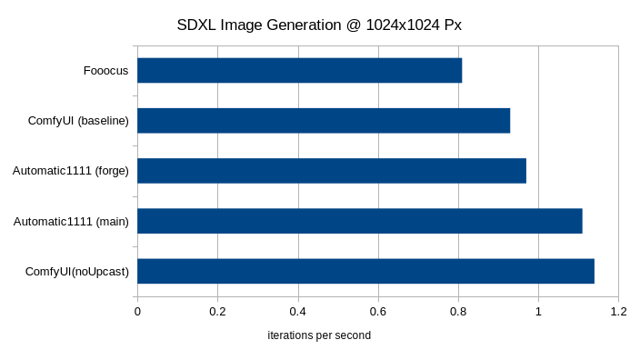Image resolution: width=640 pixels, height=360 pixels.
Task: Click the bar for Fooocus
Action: (300, 70)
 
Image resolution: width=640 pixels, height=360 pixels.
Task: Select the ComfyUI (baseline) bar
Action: (324, 120)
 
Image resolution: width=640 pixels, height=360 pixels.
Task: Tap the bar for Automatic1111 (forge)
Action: (332, 170)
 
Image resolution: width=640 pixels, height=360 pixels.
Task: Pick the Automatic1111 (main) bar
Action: (360, 221)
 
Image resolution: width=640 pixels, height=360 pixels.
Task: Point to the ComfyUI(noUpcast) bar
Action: (365, 271)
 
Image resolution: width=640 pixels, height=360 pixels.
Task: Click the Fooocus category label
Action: (106, 70)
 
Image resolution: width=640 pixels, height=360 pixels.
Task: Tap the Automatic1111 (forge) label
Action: (71, 170)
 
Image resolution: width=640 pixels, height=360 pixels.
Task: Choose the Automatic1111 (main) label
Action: (71, 221)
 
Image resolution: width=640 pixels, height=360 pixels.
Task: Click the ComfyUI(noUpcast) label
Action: (77, 271)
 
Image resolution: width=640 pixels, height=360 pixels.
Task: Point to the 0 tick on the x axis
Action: (137, 311)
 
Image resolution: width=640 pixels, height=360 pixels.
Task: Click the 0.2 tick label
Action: (217, 311)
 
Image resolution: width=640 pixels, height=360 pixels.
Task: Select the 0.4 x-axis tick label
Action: (297, 311)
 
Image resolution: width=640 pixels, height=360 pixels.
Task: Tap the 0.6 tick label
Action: (378, 311)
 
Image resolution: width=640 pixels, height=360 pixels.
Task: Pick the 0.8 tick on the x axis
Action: (458, 311)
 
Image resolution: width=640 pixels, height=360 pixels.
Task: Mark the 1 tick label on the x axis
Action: (538, 311)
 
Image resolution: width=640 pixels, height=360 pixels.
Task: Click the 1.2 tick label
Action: (618, 311)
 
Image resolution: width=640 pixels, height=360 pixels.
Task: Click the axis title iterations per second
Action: (319, 335)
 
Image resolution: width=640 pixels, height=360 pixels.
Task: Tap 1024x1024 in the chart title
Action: (405, 25)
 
